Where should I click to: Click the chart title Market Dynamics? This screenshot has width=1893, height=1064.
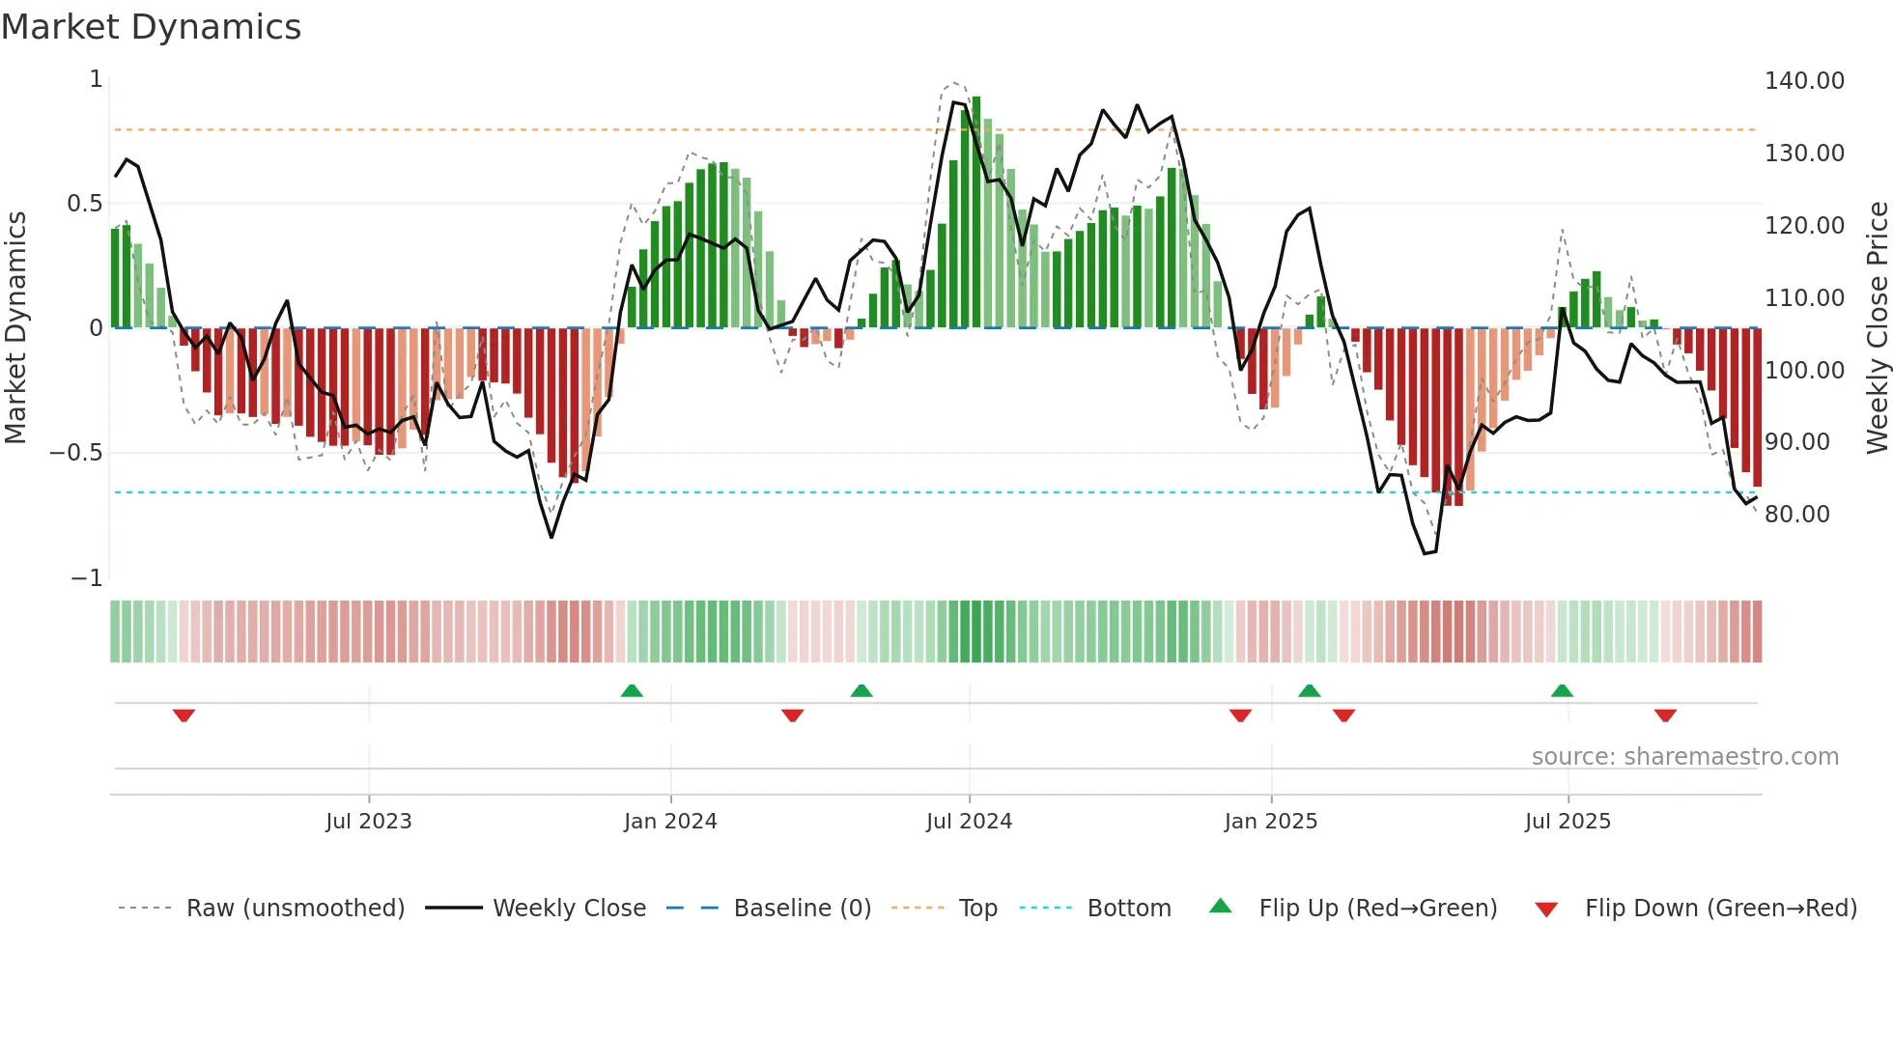click(151, 27)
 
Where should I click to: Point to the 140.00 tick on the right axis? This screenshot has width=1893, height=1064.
click(1803, 81)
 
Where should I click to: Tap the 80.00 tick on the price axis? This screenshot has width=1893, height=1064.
click(1796, 515)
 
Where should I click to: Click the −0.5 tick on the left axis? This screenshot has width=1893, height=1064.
click(76, 453)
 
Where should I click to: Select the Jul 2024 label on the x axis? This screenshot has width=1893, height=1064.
click(969, 822)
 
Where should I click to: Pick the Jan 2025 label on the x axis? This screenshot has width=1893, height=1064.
click(1270, 822)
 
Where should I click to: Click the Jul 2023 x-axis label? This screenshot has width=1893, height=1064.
click(368, 822)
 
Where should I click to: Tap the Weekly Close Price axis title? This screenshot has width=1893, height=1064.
click(1877, 327)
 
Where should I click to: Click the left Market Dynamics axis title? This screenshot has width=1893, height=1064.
click(15, 327)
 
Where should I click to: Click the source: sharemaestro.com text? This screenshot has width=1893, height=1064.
click(1684, 757)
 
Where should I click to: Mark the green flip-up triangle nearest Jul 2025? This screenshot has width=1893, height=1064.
click(1562, 690)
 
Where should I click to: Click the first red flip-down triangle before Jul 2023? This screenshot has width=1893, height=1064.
click(184, 715)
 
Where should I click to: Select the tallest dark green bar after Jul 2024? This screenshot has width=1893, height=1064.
click(976, 212)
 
